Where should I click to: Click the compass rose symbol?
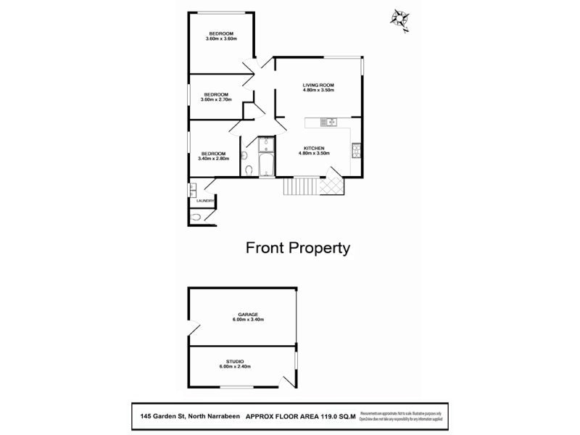point(399,17)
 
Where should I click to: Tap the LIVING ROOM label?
point(318,86)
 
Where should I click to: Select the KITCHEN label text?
point(314,148)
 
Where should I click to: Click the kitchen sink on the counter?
point(330,122)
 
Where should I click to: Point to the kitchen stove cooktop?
point(356,151)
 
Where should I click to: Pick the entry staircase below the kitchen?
point(298,188)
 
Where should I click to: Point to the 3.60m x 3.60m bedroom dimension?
point(221,39)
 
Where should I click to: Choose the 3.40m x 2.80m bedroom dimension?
point(213,159)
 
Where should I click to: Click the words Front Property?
point(298,248)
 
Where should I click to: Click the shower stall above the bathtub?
point(265,143)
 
